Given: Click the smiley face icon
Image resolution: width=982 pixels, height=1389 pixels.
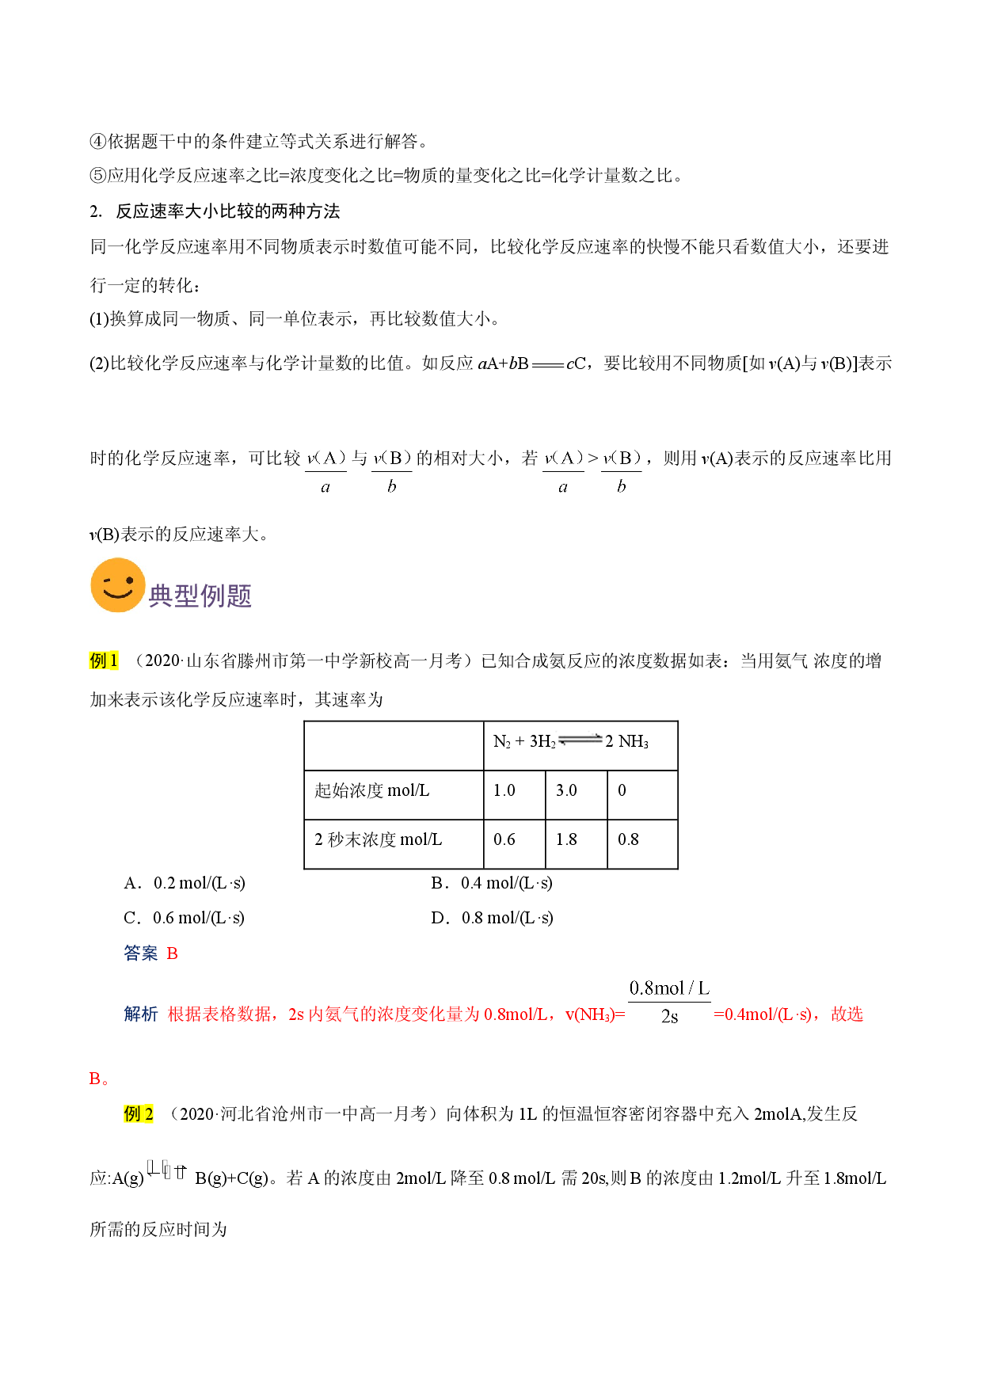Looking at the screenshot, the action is (x=118, y=585).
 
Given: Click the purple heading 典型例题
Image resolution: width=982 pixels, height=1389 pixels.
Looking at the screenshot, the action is (x=200, y=596).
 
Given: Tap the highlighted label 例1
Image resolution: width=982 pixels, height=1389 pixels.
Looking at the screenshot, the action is (x=104, y=660).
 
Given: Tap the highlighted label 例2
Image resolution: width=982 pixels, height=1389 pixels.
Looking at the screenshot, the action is (x=139, y=1113).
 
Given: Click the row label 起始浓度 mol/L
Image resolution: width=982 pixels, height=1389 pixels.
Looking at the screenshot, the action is (x=372, y=790).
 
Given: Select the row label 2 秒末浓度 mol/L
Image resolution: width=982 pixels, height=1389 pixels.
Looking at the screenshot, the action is (x=379, y=839).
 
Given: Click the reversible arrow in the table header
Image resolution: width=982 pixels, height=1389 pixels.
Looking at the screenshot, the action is (x=580, y=740).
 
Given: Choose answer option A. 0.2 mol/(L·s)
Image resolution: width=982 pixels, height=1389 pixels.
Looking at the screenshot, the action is (x=185, y=883).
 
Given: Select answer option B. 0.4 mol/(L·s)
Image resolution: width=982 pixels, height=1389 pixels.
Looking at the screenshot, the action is (x=492, y=883).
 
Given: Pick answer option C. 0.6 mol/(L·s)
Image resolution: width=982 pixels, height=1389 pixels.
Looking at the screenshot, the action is (x=185, y=918).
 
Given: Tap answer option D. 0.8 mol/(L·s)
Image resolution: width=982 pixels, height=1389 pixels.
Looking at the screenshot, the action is (x=492, y=918).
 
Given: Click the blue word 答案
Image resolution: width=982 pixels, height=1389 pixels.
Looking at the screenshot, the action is (x=141, y=953).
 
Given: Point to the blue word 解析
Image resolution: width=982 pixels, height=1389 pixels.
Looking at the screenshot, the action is (x=141, y=1014).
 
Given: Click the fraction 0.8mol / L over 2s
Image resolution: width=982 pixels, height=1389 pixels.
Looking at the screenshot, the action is (x=669, y=1002).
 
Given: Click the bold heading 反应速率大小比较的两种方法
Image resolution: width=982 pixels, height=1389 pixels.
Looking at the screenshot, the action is (x=228, y=211).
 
